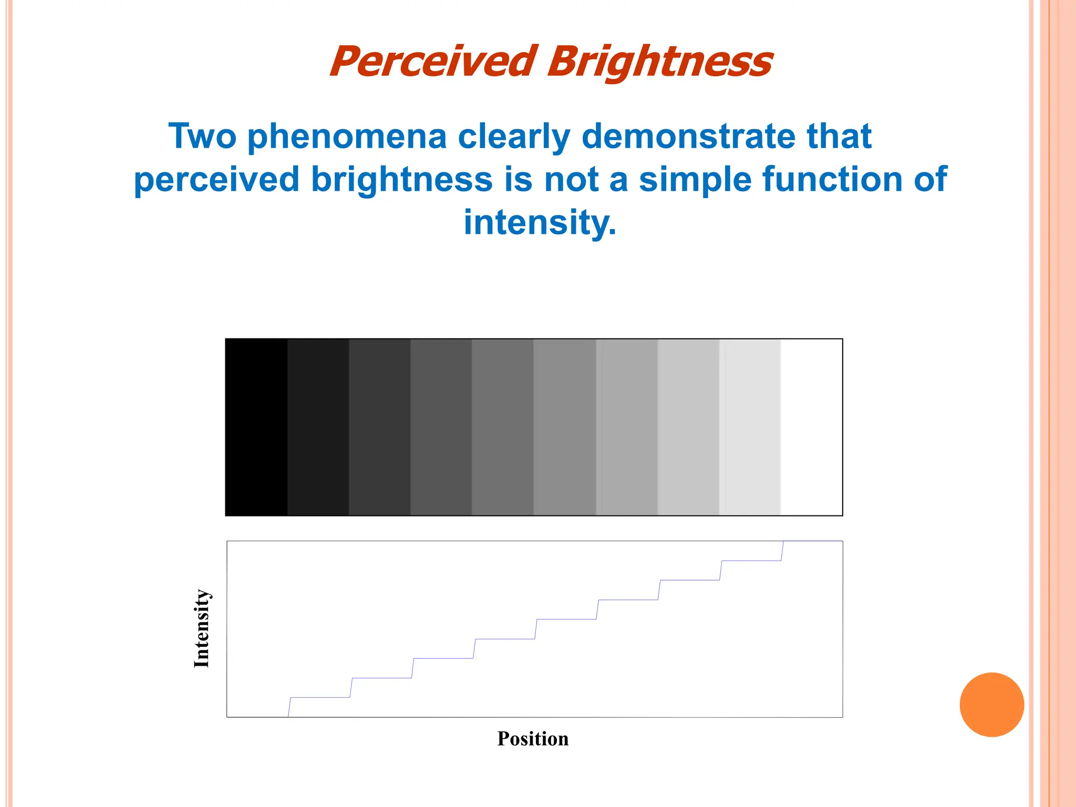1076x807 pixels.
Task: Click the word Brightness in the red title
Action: [x=660, y=62]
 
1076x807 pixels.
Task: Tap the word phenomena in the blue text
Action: [x=347, y=137]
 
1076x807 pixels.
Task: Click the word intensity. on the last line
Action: [x=540, y=222]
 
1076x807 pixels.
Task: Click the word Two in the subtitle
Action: [x=202, y=137]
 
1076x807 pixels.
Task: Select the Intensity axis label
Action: [x=201, y=628]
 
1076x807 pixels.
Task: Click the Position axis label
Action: [x=533, y=739]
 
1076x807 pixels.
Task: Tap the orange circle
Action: [x=991, y=705]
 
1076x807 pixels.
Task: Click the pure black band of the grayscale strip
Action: [x=256, y=427]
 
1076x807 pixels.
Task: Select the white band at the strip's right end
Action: [x=811, y=427]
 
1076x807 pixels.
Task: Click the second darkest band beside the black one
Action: [x=318, y=427]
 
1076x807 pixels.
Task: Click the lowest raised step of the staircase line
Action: [x=319, y=697]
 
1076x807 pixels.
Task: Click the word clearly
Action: [x=514, y=137]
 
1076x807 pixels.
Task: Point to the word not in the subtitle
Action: [x=571, y=179]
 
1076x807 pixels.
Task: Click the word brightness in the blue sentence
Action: [x=401, y=179]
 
